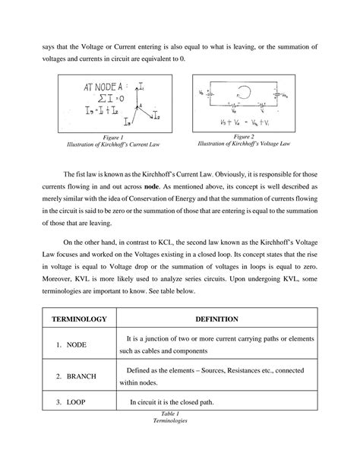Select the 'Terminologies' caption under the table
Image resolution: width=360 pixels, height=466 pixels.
point(180,421)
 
